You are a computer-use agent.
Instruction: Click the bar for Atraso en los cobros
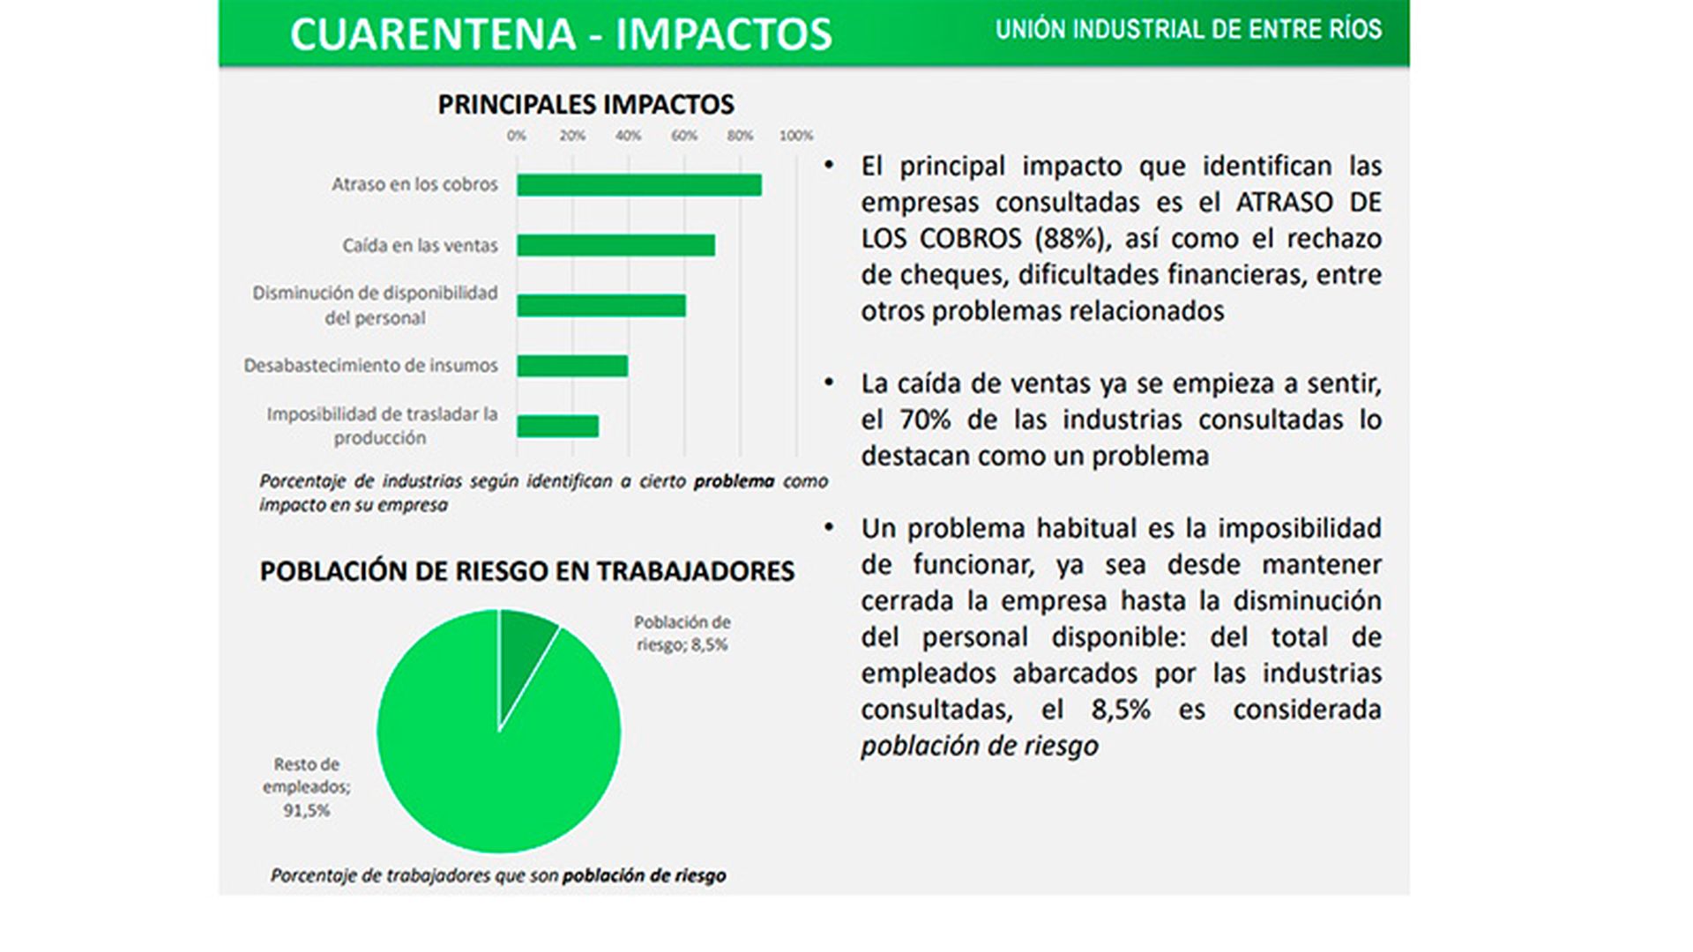[x=639, y=185]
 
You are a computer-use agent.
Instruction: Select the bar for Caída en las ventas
[x=616, y=245]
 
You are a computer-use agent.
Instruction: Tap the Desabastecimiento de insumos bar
[x=572, y=366]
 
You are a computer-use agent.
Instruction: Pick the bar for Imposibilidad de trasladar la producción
[x=558, y=427]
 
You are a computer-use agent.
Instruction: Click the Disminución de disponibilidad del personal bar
[x=601, y=306]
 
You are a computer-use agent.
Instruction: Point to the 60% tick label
[x=684, y=136]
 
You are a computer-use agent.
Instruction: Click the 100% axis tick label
[x=796, y=136]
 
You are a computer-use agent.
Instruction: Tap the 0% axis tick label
[x=517, y=136]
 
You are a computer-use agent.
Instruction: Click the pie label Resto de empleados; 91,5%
[x=306, y=787]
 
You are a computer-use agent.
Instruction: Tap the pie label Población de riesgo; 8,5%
[x=682, y=633]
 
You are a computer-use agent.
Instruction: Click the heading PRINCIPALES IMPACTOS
[x=586, y=105]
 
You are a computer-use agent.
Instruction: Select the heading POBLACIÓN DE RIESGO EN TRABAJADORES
[x=527, y=571]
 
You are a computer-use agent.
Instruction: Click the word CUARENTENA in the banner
[x=432, y=34]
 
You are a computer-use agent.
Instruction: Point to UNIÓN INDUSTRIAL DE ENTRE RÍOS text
[x=1189, y=30]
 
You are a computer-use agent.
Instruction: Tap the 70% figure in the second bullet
[x=925, y=420]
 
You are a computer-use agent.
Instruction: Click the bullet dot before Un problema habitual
[x=829, y=527]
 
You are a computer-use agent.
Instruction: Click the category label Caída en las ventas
[x=420, y=245]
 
